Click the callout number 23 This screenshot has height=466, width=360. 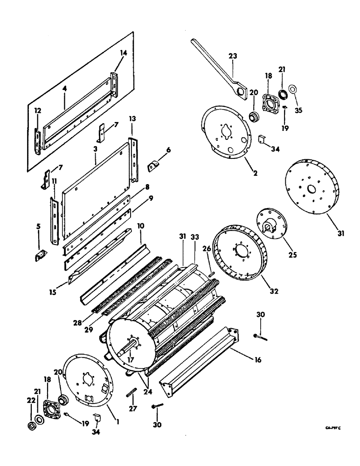tap(233, 56)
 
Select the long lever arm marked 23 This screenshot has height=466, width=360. tap(215, 63)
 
